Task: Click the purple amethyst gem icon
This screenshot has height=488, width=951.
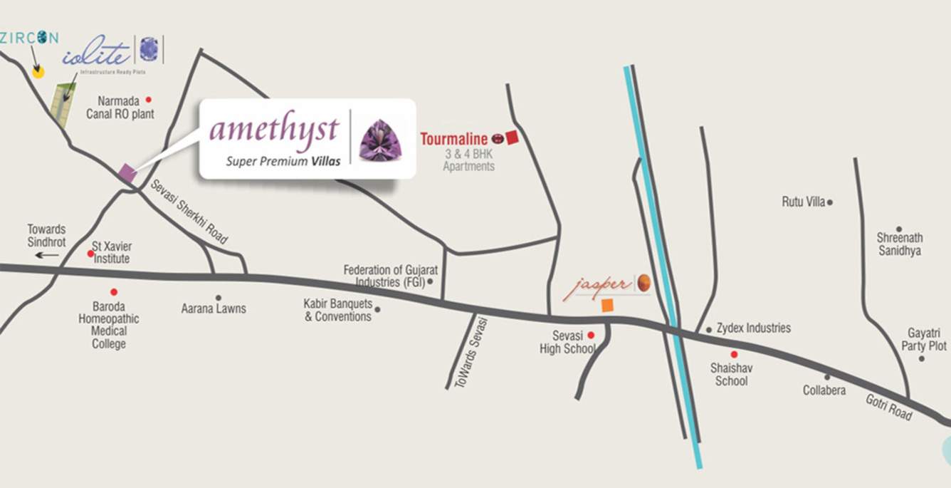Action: [381, 140]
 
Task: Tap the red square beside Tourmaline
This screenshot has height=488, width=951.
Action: [512, 138]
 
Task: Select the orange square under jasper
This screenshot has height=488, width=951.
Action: [607, 306]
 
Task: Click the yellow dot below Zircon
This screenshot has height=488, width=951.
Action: [38, 71]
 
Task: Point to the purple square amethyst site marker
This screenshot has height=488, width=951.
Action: [127, 172]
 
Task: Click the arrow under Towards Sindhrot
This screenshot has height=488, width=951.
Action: [47, 254]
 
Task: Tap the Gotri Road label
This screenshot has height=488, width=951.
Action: [889, 406]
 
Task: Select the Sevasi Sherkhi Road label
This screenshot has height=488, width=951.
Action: [189, 212]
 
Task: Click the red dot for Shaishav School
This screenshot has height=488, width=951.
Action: [734, 354]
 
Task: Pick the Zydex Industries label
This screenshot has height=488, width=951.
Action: [753, 328]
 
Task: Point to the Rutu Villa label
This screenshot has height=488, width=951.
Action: [803, 202]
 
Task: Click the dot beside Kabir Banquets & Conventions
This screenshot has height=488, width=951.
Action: [377, 309]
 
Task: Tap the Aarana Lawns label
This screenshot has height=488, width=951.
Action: [214, 308]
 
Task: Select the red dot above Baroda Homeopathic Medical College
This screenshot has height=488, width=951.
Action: [113, 291]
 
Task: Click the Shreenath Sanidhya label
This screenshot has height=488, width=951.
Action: [900, 244]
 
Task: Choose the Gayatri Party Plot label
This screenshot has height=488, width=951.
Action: [927, 339]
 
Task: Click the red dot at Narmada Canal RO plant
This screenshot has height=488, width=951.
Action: [149, 100]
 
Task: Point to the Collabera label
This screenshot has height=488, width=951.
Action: [824, 390]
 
